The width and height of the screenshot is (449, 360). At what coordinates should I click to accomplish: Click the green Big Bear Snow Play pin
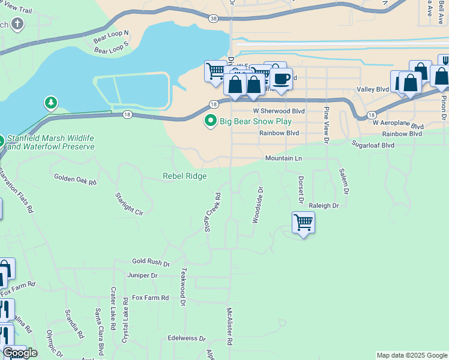[210, 121]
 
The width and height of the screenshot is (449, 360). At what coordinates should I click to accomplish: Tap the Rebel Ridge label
[185, 176]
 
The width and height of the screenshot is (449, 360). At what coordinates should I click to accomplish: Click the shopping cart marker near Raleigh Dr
[303, 223]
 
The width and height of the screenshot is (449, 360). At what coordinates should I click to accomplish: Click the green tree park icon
[51, 104]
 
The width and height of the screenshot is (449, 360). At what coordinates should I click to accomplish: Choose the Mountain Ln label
[283, 158]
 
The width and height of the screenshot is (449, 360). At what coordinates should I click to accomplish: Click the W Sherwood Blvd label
[279, 111]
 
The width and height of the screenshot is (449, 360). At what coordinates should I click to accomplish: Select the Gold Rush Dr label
[151, 263]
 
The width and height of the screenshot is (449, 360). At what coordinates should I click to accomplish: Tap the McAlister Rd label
[229, 326]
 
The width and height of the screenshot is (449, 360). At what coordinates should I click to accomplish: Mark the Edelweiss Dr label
[187, 338]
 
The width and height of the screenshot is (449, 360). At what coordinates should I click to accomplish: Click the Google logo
[21, 353]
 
